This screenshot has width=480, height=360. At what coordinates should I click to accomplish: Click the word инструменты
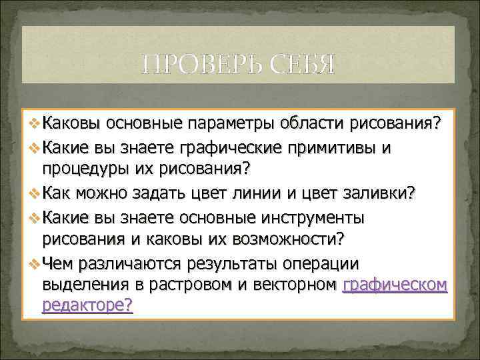311,216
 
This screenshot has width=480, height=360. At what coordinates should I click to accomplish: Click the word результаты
244,262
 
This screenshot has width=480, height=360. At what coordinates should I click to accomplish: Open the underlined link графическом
395,285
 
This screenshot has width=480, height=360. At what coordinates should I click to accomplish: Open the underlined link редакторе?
87,307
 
